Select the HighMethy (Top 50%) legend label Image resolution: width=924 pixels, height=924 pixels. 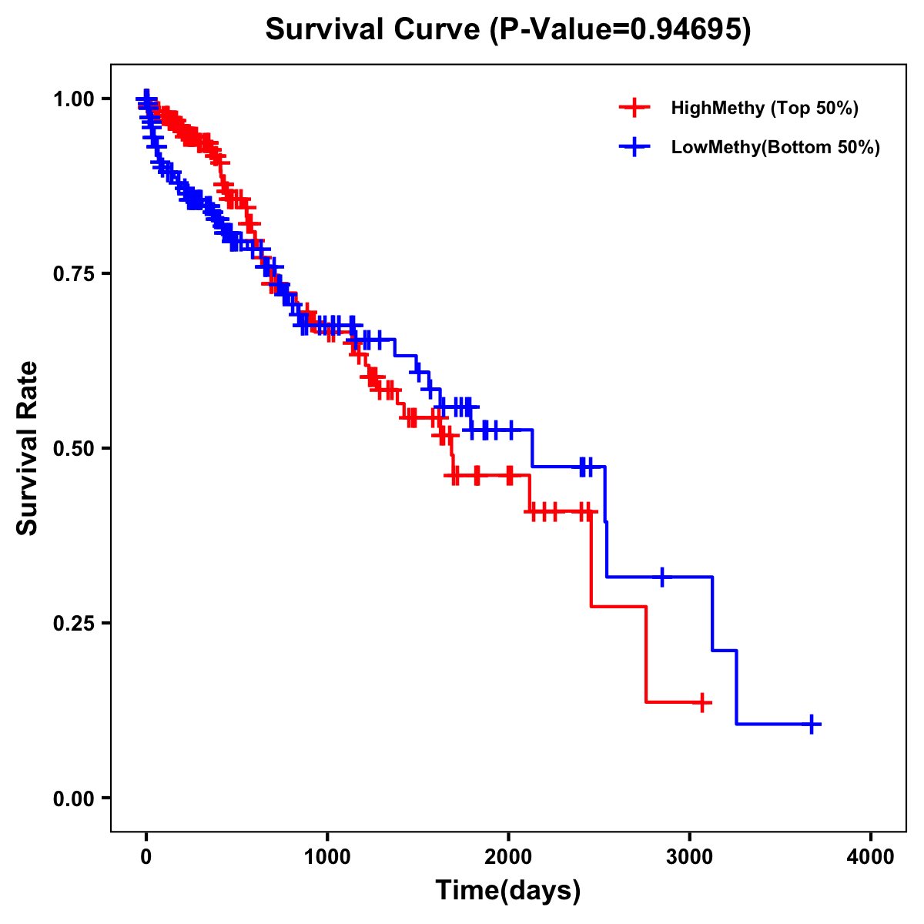point(764,108)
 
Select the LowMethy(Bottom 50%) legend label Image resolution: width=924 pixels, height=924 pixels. point(775,147)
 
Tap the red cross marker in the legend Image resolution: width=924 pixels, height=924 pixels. point(634,108)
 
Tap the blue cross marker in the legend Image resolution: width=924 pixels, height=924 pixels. point(634,147)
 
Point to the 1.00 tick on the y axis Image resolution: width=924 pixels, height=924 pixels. point(72,99)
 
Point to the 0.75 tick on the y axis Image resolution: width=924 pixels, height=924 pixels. point(72,274)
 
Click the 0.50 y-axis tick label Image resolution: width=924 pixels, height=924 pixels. point(72,449)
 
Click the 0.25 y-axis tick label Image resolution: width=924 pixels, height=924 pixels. point(72,624)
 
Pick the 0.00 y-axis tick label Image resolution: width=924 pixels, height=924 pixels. point(72,798)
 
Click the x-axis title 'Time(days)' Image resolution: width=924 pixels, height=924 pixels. point(508,891)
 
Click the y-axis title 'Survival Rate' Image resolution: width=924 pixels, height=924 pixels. point(28,448)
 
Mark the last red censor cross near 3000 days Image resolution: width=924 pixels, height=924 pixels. point(702,702)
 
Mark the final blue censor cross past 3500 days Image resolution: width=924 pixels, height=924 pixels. point(812,724)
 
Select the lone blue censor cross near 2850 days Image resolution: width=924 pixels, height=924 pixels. point(661,577)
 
